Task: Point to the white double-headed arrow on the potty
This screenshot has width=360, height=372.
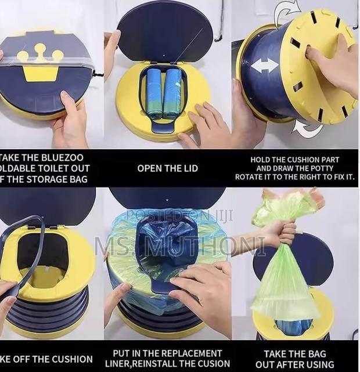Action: [264, 65]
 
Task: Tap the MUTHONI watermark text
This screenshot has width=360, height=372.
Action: [221, 245]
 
